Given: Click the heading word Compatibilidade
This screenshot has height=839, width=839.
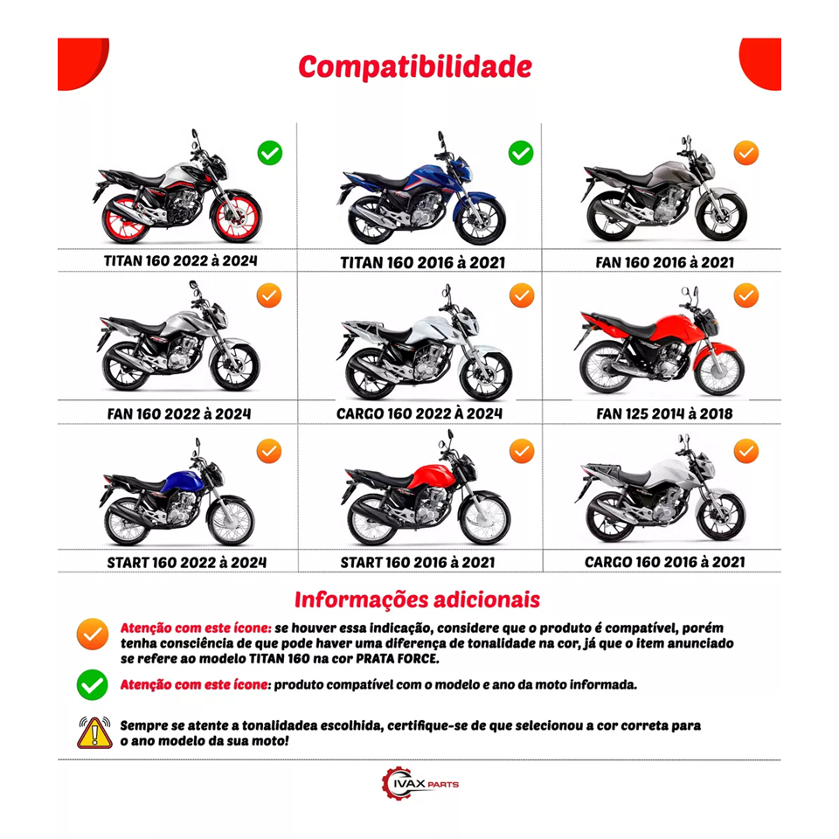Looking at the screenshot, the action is pos(415,67).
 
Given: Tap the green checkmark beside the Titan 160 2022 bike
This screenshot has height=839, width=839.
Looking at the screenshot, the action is pos(270,153).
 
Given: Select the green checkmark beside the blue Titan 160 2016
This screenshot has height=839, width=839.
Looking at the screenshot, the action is pos(521,153).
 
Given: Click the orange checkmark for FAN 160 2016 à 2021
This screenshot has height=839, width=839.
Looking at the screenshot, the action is pos(745,153).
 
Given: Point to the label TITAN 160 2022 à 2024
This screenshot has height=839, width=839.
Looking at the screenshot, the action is pos(180,260).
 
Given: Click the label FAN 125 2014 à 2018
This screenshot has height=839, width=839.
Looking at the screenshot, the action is pos(664,413).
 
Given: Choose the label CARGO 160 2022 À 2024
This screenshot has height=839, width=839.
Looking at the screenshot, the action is pos(419,413).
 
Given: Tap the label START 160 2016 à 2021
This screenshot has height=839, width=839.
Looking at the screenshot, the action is pos(418,562).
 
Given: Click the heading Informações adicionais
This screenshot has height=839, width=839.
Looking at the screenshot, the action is pos(418,600).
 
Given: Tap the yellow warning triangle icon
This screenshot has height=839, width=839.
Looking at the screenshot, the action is pos(94,732).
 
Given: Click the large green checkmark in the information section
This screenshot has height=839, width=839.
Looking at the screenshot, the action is pos(92,685).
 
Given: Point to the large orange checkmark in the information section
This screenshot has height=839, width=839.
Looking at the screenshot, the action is pos(92,634).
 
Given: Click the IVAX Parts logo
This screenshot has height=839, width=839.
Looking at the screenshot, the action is pos(419,783).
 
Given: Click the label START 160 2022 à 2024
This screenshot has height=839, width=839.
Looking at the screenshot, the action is pos(186,562).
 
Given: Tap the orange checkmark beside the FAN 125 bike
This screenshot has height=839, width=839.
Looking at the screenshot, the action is pos(745,295).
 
